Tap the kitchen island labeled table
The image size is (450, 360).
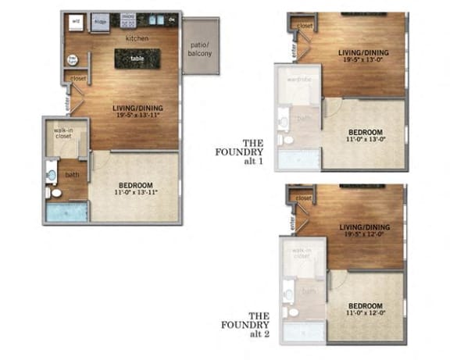pos(137,58)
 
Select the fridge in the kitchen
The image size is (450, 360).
pos(101,23)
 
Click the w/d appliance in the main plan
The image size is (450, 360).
pos(77,22)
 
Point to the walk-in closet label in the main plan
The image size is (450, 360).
pos(64,132)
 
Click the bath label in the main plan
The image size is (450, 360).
pos(72,174)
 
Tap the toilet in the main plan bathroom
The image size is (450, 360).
pos(54,192)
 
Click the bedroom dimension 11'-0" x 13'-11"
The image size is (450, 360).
pos(137,191)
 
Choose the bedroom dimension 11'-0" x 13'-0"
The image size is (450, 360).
pos(364,139)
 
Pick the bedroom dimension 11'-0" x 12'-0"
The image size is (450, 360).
pos(365,313)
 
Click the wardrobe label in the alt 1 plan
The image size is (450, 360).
pos(299,79)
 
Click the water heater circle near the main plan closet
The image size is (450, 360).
pos(73,59)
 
